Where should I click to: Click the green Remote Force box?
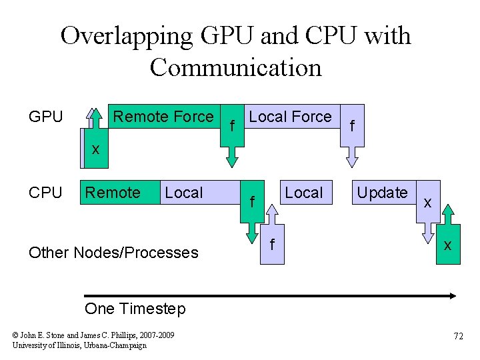coord(163,117)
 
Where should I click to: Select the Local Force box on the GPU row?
coord(290,117)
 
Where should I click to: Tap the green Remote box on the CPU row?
coord(113,193)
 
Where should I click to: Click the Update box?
coord(382,193)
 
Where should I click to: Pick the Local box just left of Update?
coord(303,193)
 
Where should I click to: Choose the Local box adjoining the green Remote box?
coord(184,193)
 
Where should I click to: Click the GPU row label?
coord(46,117)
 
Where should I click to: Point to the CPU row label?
coord(46,193)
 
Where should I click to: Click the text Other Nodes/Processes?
coord(113,253)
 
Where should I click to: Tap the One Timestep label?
coord(135,309)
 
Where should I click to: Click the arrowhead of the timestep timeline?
coord(451,295)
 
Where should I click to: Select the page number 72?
coord(458,337)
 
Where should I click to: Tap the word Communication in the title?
coord(235,67)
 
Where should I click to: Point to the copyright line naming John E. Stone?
coord(93,335)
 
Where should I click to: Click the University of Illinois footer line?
coord(79,345)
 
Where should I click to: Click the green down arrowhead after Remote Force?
coord(231,160)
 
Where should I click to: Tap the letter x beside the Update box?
coord(427,201)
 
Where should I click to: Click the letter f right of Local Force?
coord(353,125)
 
